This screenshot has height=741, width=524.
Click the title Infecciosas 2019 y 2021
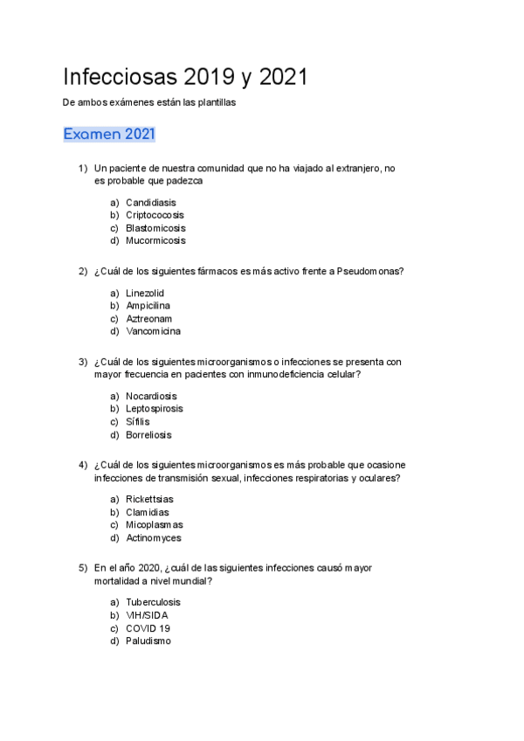(x=185, y=77)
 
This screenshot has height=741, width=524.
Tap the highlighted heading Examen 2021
(x=109, y=135)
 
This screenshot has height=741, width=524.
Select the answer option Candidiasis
(x=150, y=203)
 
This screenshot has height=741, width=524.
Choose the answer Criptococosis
(x=155, y=215)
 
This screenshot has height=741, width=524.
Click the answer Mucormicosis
(x=155, y=240)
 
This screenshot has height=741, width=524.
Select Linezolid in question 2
(x=145, y=294)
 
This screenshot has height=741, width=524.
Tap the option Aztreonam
(x=148, y=319)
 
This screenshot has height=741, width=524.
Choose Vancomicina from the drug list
(x=153, y=331)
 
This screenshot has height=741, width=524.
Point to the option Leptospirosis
(x=155, y=409)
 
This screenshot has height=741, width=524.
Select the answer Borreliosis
(x=148, y=434)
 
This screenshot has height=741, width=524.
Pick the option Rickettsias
(x=149, y=499)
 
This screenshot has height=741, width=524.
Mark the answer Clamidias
(x=148, y=512)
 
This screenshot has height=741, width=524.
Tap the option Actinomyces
(x=154, y=538)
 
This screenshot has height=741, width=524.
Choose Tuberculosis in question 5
(x=154, y=602)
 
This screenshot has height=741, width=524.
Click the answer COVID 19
(x=148, y=627)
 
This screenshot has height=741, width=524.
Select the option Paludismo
(x=148, y=641)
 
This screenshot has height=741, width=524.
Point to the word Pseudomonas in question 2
(x=370, y=271)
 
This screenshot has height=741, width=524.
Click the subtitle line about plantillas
(x=150, y=102)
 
